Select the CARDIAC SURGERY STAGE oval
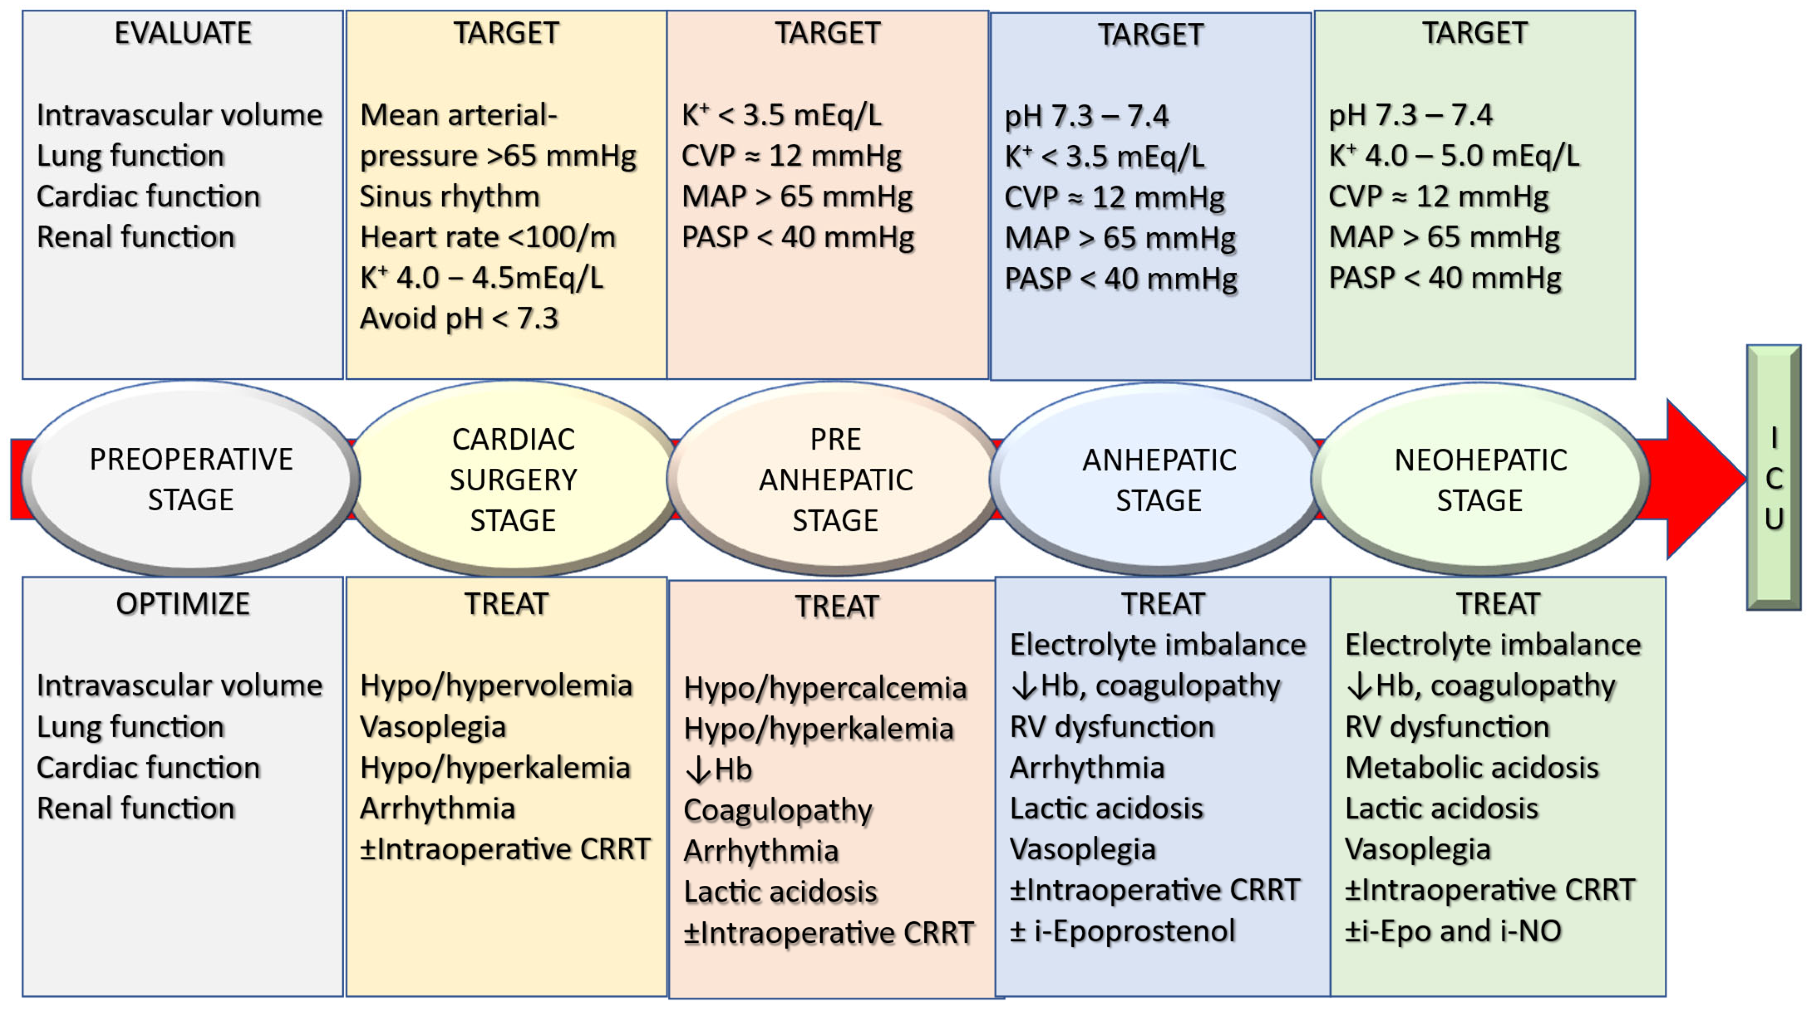tap(514, 479)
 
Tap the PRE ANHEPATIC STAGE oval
tap(835, 479)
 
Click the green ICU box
tap(1773, 478)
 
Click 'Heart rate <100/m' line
tap(488, 237)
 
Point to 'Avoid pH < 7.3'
tap(459, 318)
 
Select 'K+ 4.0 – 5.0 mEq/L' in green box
tap(1454, 156)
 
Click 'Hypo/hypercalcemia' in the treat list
tap(825, 688)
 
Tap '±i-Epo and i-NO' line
tap(1453, 930)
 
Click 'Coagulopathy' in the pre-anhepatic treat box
tap(778, 810)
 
